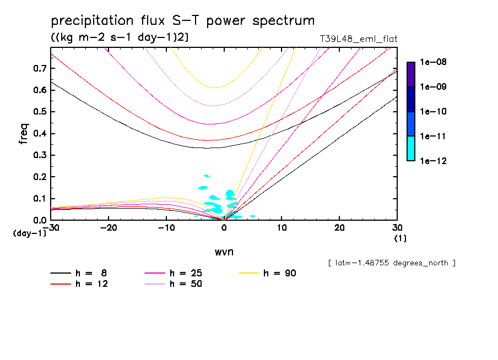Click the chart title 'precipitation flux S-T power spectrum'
click(182, 21)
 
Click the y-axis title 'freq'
click(24, 133)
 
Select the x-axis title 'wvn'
click(224, 252)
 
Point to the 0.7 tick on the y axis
click(39, 68)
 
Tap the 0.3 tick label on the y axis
click(39, 155)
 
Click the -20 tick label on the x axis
click(109, 228)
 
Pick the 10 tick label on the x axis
click(282, 228)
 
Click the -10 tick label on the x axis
click(166, 228)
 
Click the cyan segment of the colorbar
click(411, 148)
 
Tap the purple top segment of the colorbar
click(411, 74)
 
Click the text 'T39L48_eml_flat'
click(358, 39)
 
